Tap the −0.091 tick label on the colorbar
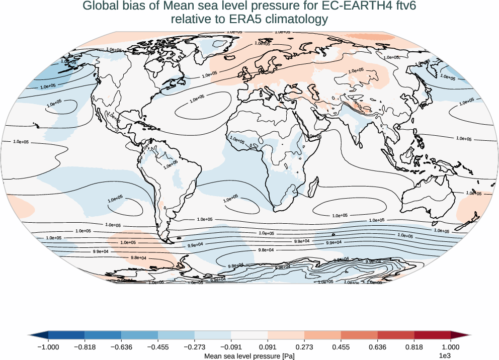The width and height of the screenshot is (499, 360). (231, 346)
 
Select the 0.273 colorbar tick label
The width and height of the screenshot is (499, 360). (304, 346)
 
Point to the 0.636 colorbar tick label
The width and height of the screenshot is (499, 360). (377, 346)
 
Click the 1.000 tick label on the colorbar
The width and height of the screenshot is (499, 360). (451, 346)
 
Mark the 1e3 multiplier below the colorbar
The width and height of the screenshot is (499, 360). (445, 356)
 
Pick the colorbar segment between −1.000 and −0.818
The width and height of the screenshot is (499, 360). (66, 335)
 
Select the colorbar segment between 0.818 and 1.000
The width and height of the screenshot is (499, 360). (432, 335)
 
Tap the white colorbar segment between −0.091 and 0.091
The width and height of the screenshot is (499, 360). (249, 335)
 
